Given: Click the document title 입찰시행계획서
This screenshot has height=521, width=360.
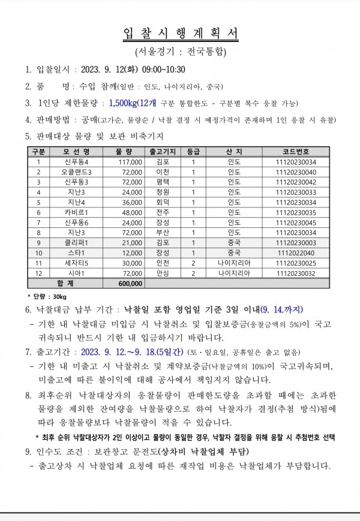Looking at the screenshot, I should (x=180, y=35).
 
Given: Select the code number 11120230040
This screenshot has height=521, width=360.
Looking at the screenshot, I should (x=296, y=172).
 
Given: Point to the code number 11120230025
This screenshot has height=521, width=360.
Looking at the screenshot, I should (x=296, y=263).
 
